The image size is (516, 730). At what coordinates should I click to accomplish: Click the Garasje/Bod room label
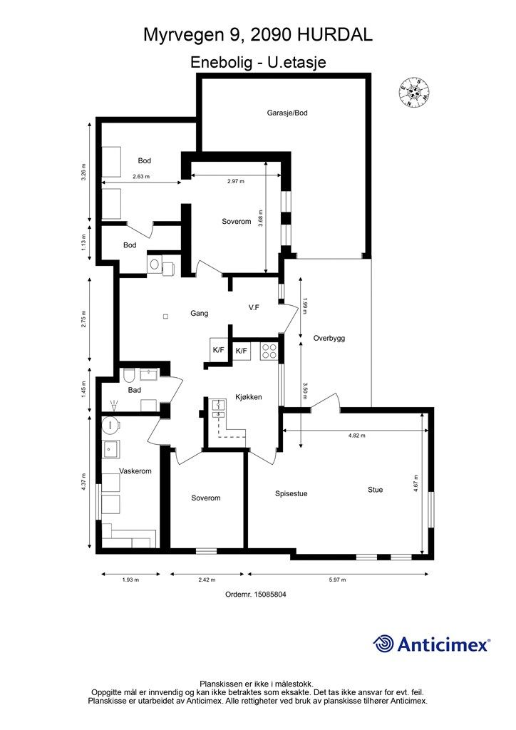pos(287,113)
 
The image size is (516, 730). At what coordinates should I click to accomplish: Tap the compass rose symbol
pos(413,92)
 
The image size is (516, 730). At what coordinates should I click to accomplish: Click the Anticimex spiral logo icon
pos(383,644)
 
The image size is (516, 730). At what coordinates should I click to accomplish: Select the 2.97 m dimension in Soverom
pos(236,181)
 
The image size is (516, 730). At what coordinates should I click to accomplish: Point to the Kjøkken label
pos(249,397)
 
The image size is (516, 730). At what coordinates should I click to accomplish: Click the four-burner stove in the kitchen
pos(269,351)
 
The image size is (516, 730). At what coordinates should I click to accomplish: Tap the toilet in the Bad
pos(128,375)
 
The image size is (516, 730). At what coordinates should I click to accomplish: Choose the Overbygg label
pos(329,339)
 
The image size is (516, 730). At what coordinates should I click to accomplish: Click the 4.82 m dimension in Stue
pos(357,436)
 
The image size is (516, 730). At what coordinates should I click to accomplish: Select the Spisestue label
pos(291,493)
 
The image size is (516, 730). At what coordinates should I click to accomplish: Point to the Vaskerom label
pos(135,471)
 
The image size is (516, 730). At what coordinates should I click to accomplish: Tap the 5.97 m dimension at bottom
pos(337,580)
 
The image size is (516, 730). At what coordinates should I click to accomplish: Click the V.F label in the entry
pos(254,308)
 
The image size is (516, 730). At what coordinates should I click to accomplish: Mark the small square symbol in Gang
pos(165,317)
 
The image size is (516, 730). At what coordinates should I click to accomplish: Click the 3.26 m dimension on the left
pos(83,173)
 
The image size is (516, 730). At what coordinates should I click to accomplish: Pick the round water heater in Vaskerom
pos(110,425)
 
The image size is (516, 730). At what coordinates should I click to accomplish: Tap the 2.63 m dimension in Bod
pos(141,177)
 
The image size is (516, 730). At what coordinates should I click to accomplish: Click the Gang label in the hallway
pos(199,314)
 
